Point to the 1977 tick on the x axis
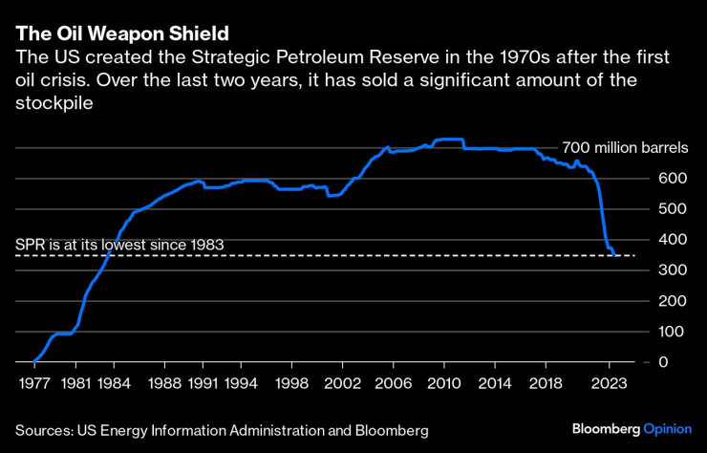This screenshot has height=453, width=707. pyautogui.click(x=32, y=384)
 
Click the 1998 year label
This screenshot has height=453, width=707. pyautogui.click(x=292, y=384)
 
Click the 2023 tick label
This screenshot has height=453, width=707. pyautogui.click(x=610, y=384)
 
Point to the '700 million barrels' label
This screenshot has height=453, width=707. pyautogui.click(x=624, y=148)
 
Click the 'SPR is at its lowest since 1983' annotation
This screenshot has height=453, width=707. pyautogui.click(x=119, y=245)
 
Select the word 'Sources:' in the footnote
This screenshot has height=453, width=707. pyautogui.click(x=45, y=431)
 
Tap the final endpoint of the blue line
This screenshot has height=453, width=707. pyautogui.click(x=616, y=255)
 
